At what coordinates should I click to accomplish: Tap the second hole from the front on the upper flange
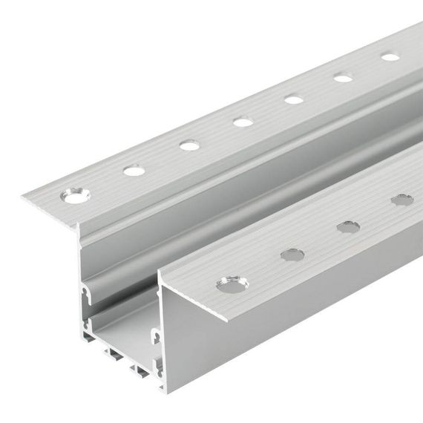pyautogui.click(x=134, y=171)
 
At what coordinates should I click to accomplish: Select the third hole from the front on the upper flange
pyautogui.click(x=190, y=145)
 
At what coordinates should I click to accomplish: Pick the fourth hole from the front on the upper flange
pyautogui.click(x=243, y=122)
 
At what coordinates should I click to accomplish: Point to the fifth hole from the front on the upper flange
pyautogui.click(x=294, y=99)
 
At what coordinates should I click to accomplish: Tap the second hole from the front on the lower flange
pyautogui.click(x=292, y=255)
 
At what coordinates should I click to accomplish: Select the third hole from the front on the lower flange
pyautogui.click(x=348, y=226)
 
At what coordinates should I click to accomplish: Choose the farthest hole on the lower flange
pyautogui.click(x=402, y=200)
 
